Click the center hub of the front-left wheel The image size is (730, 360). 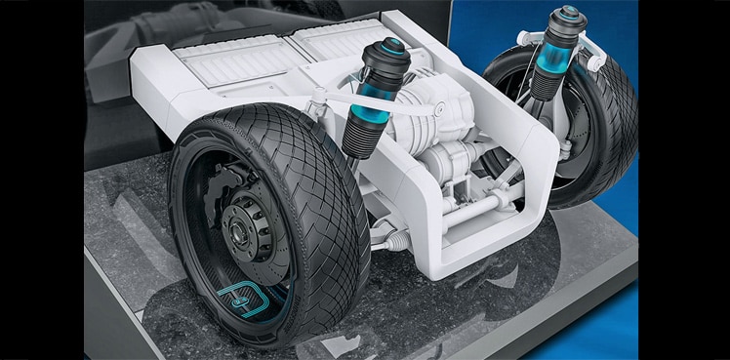pos(236,232)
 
